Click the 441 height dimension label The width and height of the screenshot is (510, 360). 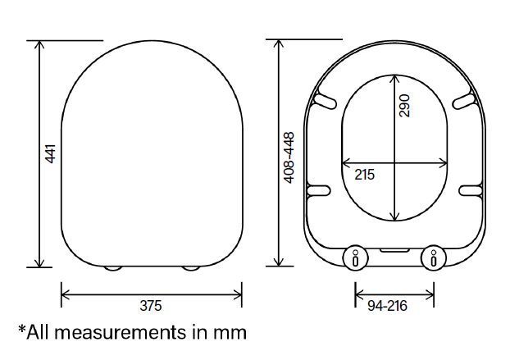pyautogui.click(x=50, y=154)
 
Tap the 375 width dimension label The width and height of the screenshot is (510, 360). pyautogui.click(x=151, y=306)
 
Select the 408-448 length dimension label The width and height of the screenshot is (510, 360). pyautogui.click(x=289, y=157)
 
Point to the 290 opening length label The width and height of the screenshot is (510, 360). pyautogui.click(x=404, y=106)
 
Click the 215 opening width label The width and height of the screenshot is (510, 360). pyautogui.click(x=365, y=175)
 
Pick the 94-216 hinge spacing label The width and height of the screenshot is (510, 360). pyautogui.click(x=387, y=306)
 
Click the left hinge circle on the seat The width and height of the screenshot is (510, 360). pyautogui.click(x=356, y=257)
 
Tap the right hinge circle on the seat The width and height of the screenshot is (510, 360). pyautogui.click(x=434, y=257)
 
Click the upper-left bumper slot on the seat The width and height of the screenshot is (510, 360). pyautogui.click(x=325, y=101)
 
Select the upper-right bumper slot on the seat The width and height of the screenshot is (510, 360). pyautogui.click(x=464, y=101)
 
